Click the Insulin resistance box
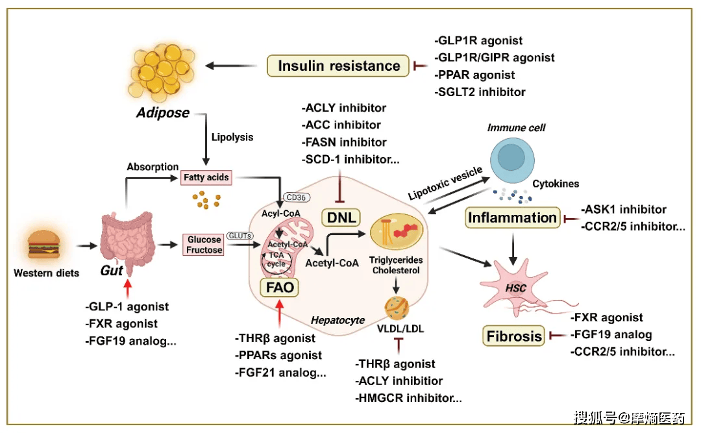coord(339,66)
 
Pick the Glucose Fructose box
coord(204,245)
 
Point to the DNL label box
coord(341,217)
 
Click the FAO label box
coord(279,287)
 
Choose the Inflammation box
coord(513,217)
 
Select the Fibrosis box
coord(514,336)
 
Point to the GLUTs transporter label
coord(239,236)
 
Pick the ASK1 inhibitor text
coord(624,210)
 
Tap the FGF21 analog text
coord(280,373)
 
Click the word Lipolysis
coord(232,138)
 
